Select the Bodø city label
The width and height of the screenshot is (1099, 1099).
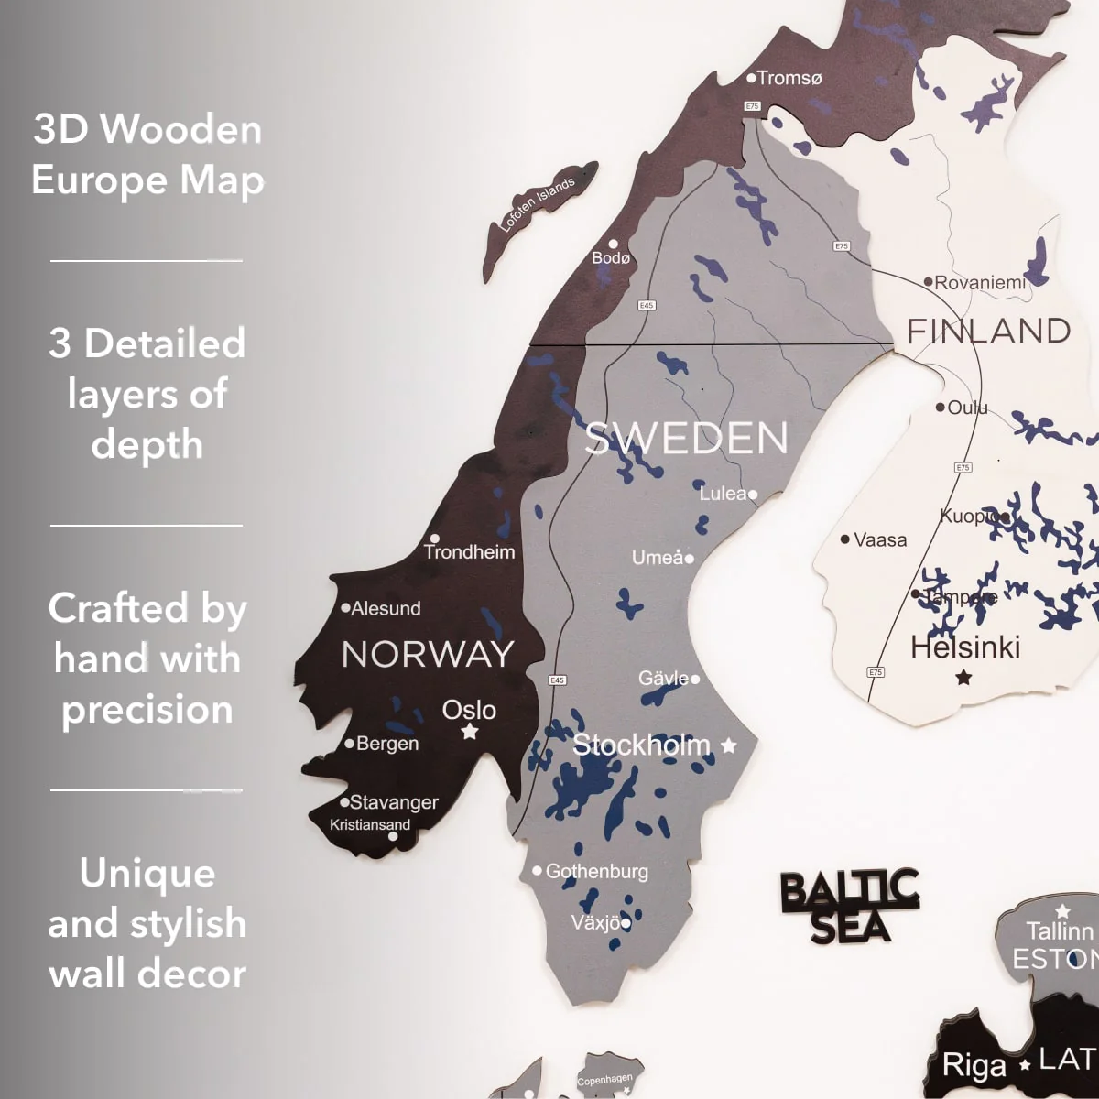click(x=612, y=257)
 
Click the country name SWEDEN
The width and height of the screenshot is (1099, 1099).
click(x=687, y=439)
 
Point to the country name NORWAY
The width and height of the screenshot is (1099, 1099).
click(x=428, y=654)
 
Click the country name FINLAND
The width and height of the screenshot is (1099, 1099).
click(x=989, y=331)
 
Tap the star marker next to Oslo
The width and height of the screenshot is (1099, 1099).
click(x=470, y=732)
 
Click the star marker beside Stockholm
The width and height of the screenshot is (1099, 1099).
click(x=729, y=745)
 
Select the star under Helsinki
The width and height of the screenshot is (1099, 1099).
click(x=963, y=678)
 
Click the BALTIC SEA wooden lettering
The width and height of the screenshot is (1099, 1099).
click(x=849, y=906)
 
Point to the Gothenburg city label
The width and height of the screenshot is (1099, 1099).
click(x=596, y=871)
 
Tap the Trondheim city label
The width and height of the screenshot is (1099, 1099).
click(x=469, y=551)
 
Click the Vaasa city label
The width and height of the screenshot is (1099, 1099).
click(x=879, y=539)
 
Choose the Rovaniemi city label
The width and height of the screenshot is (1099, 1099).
click(x=979, y=283)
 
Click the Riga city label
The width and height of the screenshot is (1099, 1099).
click(x=974, y=1066)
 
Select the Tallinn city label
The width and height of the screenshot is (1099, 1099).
click(x=1060, y=931)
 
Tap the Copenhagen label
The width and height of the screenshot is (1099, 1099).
click(x=604, y=1081)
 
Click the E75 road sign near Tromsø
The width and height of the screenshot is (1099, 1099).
click(x=753, y=106)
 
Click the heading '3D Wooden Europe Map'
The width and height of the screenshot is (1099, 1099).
click(x=147, y=155)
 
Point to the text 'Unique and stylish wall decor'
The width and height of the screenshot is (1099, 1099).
click(x=147, y=923)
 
